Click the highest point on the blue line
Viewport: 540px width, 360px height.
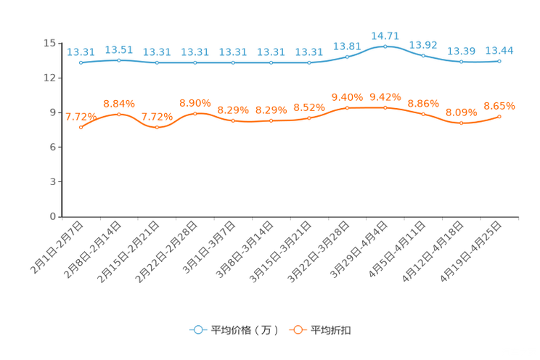(x=385, y=46)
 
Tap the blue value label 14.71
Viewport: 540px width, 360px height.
(x=385, y=35)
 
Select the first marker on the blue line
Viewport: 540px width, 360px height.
(x=81, y=63)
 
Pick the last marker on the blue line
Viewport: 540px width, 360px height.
(x=499, y=62)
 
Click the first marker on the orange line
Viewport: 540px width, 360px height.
(x=81, y=127)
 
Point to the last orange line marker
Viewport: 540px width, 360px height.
(x=499, y=116)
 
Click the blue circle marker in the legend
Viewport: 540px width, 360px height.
(x=197, y=330)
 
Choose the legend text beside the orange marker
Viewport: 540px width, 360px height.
(x=332, y=330)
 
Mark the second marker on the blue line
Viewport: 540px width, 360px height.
(x=119, y=60)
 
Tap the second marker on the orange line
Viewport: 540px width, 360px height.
(x=119, y=114)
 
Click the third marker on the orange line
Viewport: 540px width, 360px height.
(x=157, y=128)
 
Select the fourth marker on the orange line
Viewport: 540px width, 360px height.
(x=195, y=114)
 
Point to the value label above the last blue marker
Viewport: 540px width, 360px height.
(x=499, y=50)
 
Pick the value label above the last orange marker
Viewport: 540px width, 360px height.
(x=499, y=106)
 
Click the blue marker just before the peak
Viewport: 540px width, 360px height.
(x=347, y=56)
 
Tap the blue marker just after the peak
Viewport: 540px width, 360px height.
(x=423, y=55)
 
